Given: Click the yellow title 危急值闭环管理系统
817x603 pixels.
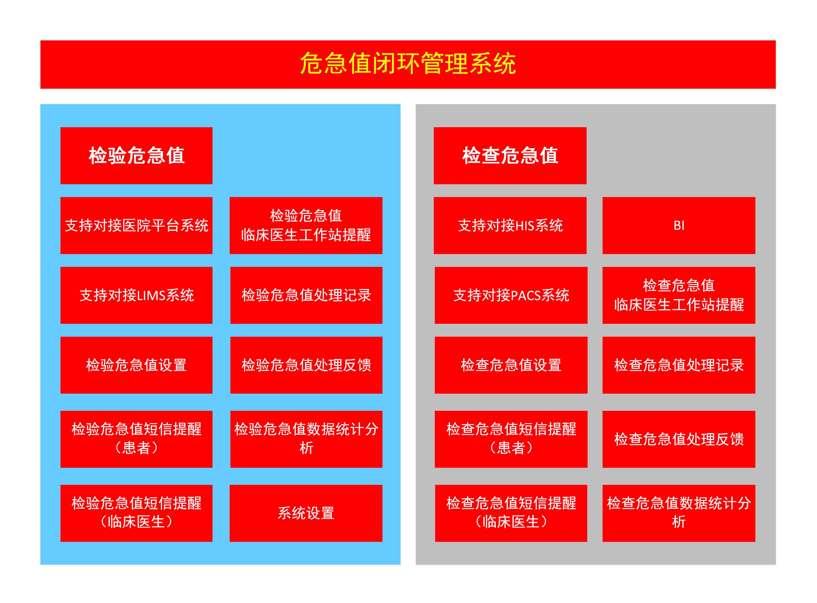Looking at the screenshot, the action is (x=408, y=63).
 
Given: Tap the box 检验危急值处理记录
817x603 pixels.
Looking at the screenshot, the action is (x=306, y=295).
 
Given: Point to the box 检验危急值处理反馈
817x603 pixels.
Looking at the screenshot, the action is (x=306, y=365).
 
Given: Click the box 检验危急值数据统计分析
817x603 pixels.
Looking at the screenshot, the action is (x=306, y=439).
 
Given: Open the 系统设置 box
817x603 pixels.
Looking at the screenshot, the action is (x=306, y=513).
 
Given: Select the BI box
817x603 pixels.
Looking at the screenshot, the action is (x=679, y=225).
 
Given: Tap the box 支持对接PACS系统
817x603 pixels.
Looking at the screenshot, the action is (x=511, y=295).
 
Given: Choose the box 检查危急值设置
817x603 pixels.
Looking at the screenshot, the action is (x=511, y=365).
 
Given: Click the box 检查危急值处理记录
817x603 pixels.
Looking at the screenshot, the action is (x=679, y=365).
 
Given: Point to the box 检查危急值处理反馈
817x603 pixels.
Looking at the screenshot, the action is (x=679, y=439).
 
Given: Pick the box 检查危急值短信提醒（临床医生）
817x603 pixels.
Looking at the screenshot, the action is (x=511, y=513).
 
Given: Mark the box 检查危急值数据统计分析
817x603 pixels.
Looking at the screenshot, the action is (x=679, y=513).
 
